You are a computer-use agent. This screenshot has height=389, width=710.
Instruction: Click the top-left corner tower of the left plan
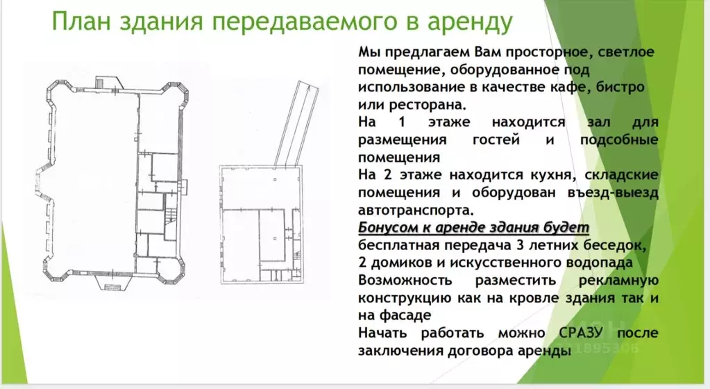tap(58, 93)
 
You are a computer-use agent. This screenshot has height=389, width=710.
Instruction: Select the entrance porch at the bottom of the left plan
tap(110, 282)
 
